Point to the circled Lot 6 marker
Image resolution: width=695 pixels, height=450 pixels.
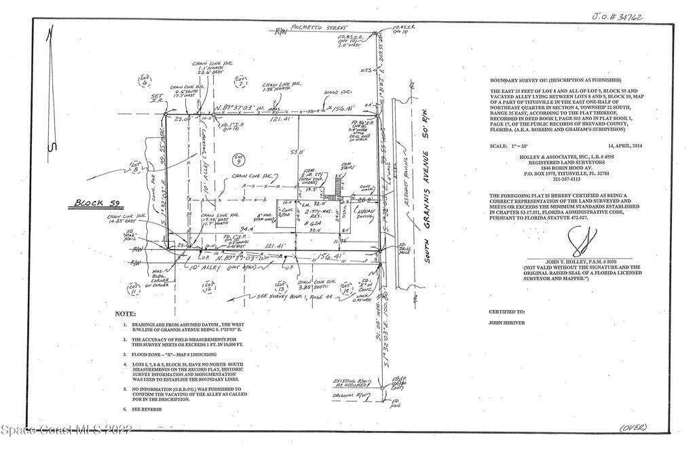tap(145, 81)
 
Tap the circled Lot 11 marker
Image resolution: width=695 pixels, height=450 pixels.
tap(133, 290)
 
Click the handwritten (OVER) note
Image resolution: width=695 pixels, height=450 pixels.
tap(633, 427)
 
